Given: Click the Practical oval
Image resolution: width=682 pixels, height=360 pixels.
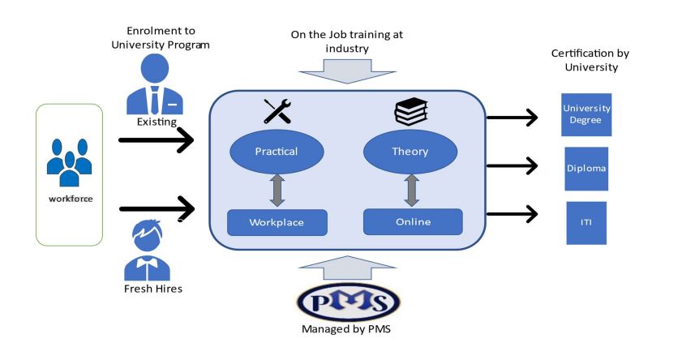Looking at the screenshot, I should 277,152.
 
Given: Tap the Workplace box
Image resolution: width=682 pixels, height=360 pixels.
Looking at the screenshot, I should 277,222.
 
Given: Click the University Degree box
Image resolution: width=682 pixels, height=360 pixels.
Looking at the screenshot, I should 586,114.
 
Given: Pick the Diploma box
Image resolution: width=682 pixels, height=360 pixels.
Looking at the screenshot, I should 586,168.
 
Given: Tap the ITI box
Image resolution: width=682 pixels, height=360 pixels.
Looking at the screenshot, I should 586,223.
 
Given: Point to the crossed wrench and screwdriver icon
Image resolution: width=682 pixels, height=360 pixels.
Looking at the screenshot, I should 277,111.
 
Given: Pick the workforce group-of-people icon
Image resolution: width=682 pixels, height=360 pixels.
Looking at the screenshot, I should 69,161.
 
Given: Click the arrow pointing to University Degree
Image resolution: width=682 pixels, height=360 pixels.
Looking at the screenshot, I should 512,118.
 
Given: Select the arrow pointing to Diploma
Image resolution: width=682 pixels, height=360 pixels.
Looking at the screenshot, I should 512,166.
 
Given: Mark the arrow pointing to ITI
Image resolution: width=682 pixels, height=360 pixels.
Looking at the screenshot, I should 512,215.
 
